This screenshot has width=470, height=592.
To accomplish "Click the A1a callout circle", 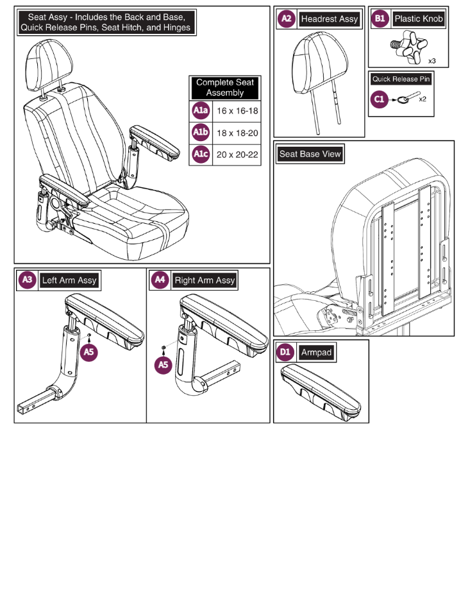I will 201,111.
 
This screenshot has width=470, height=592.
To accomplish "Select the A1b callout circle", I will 201,133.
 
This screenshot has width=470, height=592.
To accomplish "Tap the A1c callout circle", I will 201,155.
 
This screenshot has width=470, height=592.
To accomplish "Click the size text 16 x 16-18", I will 237,111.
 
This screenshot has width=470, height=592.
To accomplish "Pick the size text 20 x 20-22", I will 237,155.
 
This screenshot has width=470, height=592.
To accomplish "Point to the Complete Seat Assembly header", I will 225,88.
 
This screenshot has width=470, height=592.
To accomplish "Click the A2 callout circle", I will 287,19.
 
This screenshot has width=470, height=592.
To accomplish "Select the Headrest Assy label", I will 329,19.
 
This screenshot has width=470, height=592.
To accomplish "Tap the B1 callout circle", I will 380,19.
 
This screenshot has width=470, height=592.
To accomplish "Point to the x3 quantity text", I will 433,60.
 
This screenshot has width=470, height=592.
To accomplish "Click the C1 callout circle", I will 380,99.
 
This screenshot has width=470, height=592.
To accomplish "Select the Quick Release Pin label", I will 401,80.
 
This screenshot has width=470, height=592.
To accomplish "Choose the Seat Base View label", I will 310,154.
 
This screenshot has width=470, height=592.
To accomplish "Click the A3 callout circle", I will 28,280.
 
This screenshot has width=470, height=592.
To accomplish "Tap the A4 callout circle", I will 160,280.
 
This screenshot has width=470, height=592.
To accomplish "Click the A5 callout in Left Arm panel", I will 90,352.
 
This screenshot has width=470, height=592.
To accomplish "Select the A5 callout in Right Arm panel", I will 164,364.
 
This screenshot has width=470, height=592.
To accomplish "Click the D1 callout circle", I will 286,352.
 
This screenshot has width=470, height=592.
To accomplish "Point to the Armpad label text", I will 317,352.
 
